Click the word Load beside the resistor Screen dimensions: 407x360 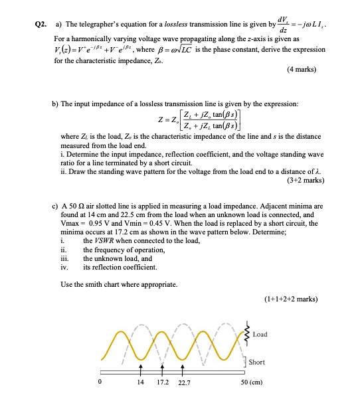pyautogui.click(x=260, y=334)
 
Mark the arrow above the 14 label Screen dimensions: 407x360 pyautogui.click(x=140, y=367)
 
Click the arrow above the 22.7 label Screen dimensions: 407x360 pyautogui.click(x=180, y=367)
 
